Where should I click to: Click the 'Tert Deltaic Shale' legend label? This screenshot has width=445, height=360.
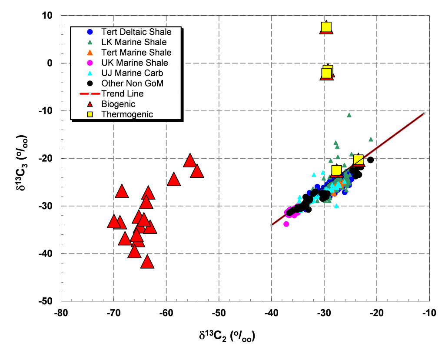pos(136,32)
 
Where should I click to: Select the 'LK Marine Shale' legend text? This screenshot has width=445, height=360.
pos(134,42)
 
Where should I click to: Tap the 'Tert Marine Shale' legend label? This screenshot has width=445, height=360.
pos(136,53)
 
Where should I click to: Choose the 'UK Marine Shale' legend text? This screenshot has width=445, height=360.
pos(134,63)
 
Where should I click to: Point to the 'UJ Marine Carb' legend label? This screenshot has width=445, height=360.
pos(132,73)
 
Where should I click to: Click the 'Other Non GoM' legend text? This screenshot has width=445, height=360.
pos(132,83)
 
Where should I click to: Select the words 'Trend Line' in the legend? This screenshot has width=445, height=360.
pos(122,93)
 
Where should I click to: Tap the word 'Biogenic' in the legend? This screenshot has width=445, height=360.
pos(118,104)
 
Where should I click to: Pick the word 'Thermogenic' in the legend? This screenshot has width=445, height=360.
pos(127,114)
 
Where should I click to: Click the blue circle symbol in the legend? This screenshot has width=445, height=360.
pos(90,32)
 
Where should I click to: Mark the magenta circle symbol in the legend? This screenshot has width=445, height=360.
pos(90,63)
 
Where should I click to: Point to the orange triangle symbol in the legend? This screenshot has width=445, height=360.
pos(90,53)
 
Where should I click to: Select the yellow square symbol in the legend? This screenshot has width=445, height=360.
pos(90,114)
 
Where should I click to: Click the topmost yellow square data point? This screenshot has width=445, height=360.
pos(326,27)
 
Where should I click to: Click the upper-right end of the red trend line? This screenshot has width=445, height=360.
pos(424,113)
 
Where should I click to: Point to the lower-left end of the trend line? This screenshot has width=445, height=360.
pos(272,225)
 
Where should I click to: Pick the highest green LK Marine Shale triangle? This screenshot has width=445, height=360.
pos(349,115)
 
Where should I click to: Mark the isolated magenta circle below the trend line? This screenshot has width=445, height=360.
pos(286,224)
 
